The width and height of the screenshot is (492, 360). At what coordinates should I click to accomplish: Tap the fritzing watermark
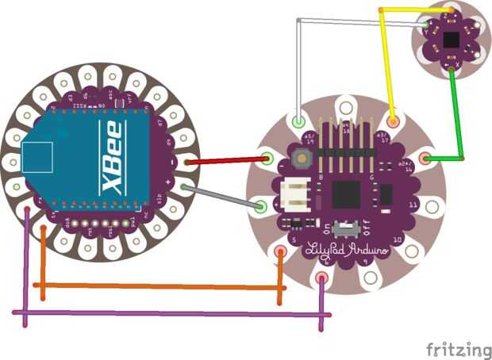[458, 349]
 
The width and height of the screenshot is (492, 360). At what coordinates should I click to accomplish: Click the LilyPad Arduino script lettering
[348, 249]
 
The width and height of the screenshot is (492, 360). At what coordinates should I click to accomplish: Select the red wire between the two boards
[226, 160]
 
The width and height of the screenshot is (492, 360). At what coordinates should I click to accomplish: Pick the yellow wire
[387, 56]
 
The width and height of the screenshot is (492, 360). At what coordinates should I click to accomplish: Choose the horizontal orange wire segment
[159, 285]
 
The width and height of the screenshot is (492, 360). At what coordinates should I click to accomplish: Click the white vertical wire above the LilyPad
[298, 71]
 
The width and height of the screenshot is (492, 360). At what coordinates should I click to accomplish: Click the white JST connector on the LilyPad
[293, 194]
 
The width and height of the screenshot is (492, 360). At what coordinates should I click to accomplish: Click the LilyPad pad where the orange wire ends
[281, 253]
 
